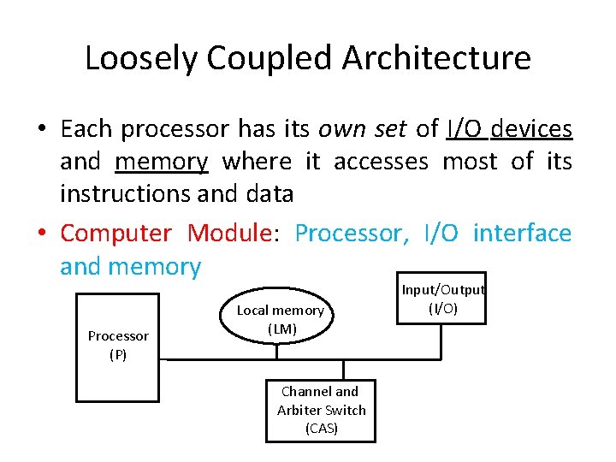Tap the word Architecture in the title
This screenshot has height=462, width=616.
coord(436,58)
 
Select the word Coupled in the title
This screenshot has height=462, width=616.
coord(268,58)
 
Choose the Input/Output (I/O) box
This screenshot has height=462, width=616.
coord(443,299)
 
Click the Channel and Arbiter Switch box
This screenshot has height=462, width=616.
coord(321,411)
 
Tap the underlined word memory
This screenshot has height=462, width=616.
coord(161,161)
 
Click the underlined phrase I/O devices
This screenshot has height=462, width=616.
coord(509,128)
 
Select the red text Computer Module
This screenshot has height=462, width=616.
coord(168,233)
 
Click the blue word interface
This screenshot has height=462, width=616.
coord(522,233)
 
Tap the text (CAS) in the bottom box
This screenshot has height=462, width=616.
coord(321,429)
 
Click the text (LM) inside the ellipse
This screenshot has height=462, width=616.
coord(281,329)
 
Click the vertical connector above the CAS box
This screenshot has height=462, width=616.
coord(345,369)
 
